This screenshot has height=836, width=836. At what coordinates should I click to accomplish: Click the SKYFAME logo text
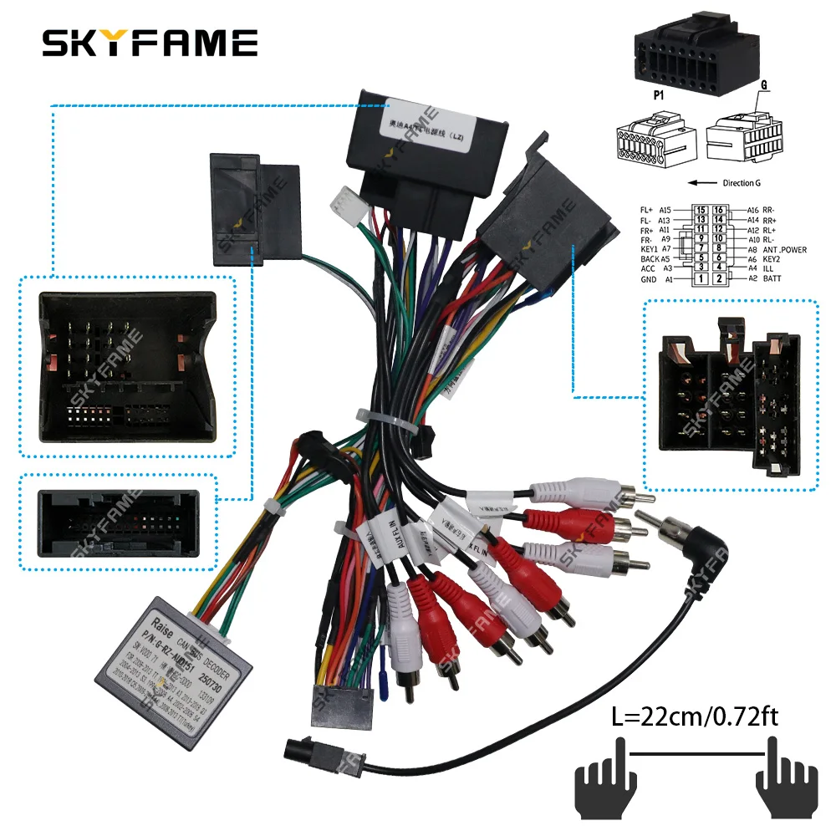coord(150,43)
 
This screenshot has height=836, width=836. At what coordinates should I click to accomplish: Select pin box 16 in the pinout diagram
coord(717,210)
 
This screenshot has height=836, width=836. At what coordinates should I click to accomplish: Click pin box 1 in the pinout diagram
coord(701,278)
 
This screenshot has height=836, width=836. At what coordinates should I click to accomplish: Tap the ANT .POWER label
coord(784,249)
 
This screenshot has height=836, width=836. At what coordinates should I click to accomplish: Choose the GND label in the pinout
coord(650,279)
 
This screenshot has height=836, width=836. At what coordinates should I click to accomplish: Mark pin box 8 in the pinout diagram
coord(717,249)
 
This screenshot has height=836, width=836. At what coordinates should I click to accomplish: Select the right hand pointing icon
coord(787,782)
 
